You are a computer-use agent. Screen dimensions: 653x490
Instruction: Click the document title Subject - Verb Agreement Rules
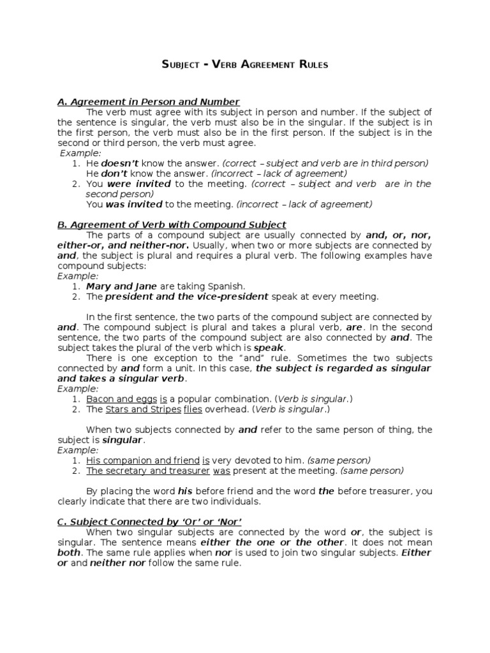pos(245,65)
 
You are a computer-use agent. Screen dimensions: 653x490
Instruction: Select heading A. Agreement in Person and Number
pos(148,102)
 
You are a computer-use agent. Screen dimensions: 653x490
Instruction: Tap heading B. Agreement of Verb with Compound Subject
pos(172,224)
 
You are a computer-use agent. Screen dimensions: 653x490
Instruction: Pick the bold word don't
pos(114,173)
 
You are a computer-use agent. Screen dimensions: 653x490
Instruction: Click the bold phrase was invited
pos(134,204)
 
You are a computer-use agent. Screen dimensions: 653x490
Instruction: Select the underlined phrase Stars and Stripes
pos(142,409)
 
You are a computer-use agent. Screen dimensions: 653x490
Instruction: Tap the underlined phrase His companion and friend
pos(142,460)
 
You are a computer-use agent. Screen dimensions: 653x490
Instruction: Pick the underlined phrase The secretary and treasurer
pos(148,471)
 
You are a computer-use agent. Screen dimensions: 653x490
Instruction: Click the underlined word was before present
pos(221,471)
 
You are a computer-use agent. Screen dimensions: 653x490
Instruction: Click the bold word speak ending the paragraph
pos(268,348)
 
